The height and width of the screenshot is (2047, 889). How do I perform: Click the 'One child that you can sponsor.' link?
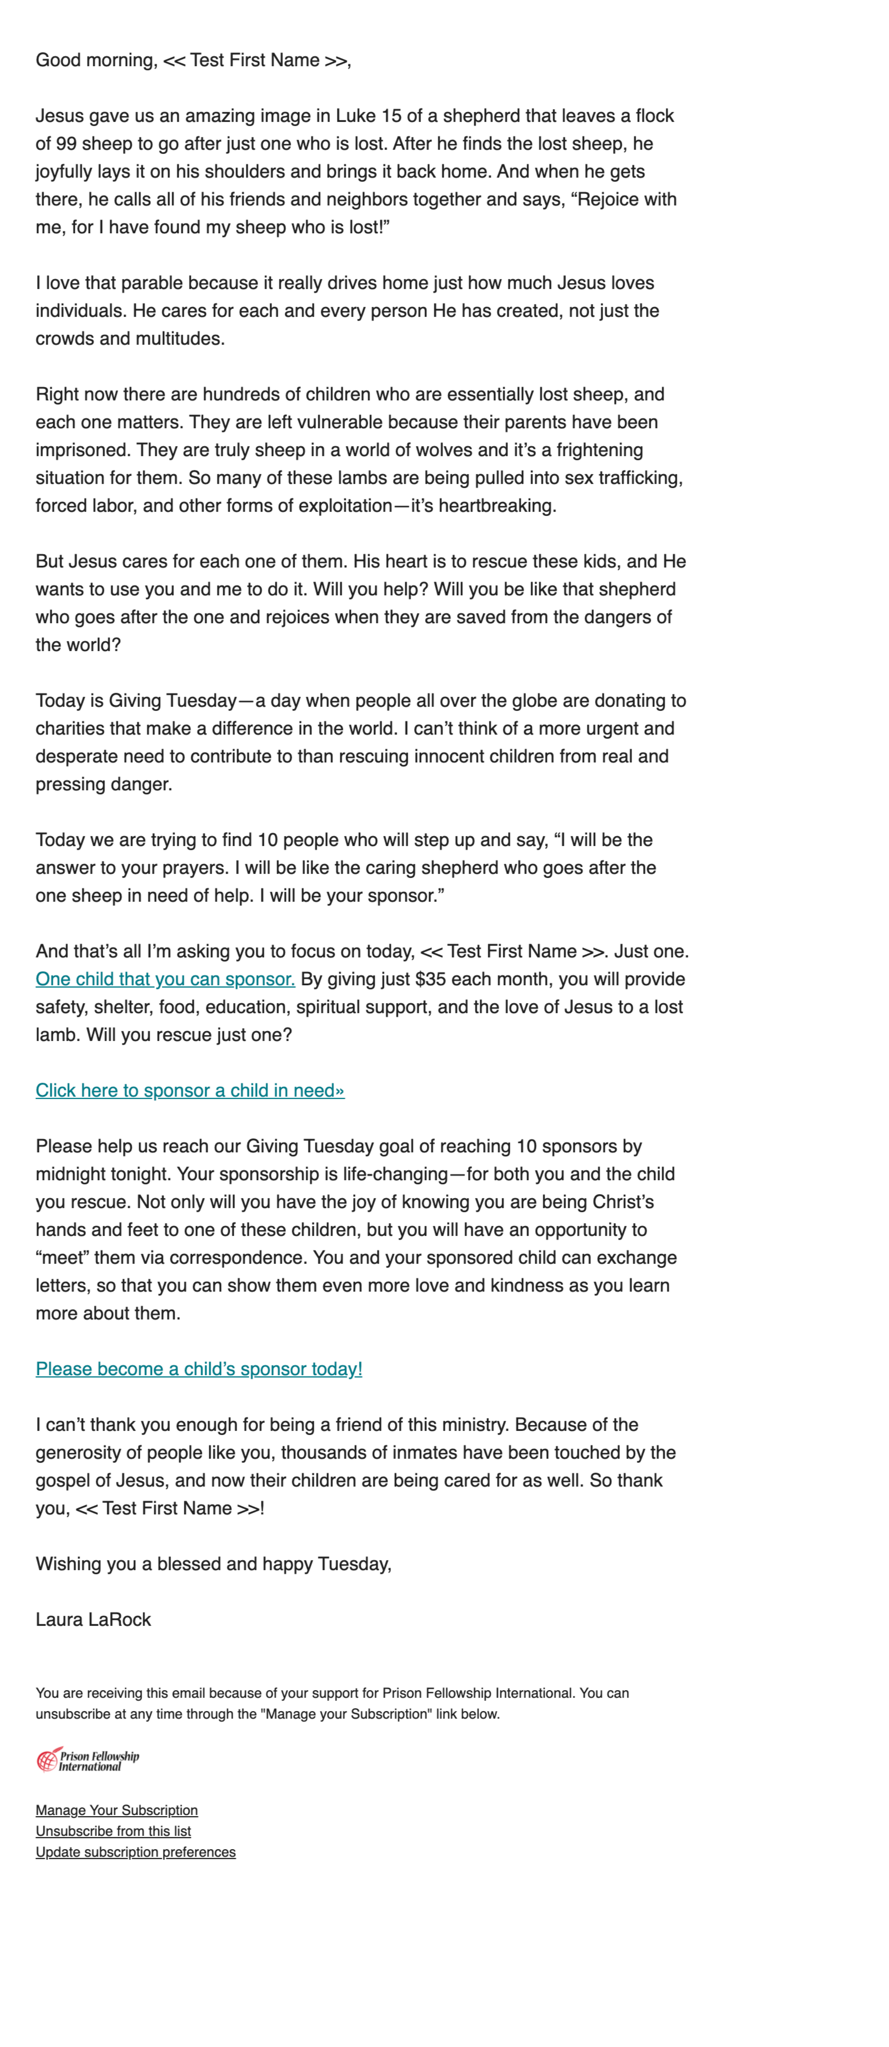(x=165, y=979)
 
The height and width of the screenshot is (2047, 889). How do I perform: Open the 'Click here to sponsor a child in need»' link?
(x=190, y=1090)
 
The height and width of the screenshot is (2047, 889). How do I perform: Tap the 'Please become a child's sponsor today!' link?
(x=198, y=1368)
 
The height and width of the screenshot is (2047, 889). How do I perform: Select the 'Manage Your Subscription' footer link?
(x=117, y=1809)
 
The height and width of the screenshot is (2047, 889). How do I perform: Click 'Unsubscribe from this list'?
(x=114, y=1831)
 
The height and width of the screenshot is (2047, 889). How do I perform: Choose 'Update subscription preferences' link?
(x=136, y=1851)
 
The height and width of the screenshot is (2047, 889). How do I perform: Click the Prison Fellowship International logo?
(x=88, y=1761)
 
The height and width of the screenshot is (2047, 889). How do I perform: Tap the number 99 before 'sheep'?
(x=66, y=144)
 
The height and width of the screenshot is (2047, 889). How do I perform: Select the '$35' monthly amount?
(x=431, y=979)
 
